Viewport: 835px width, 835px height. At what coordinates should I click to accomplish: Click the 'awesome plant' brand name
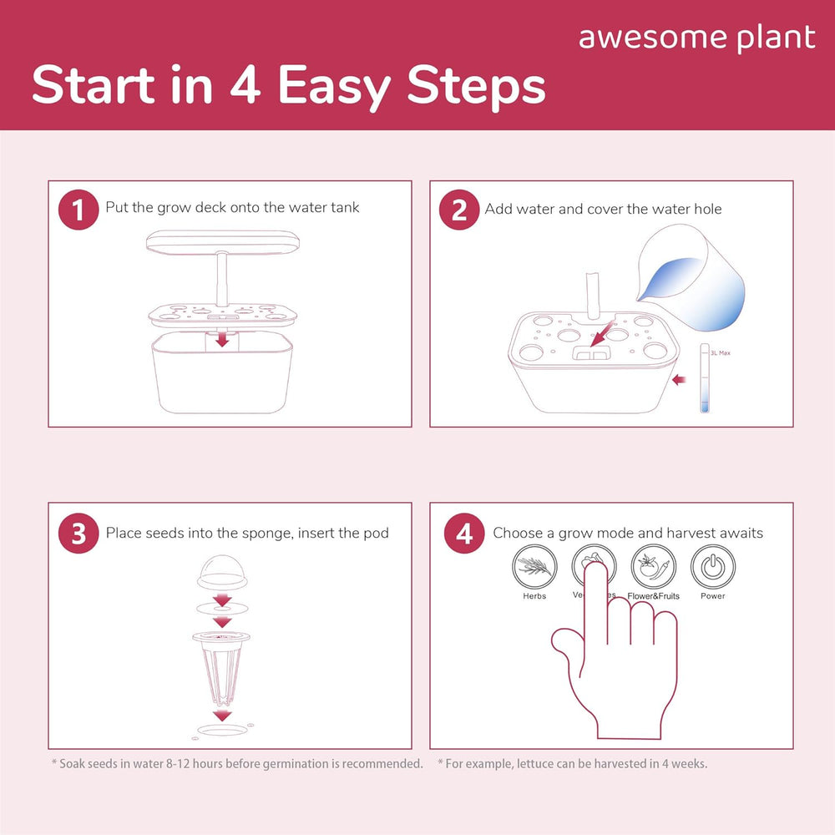[696, 38]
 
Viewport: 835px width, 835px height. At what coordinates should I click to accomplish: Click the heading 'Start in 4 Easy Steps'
[288, 87]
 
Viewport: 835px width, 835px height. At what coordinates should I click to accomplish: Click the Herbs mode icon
[534, 568]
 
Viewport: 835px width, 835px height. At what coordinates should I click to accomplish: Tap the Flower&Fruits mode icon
[653, 568]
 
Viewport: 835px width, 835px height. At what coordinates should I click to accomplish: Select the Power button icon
[712, 568]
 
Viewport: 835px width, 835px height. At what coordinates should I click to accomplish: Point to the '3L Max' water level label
[720, 353]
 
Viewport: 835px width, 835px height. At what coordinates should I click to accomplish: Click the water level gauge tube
[704, 380]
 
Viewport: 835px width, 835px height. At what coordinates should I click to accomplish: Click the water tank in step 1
[223, 376]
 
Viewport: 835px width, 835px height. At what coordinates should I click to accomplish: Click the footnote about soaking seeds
[237, 764]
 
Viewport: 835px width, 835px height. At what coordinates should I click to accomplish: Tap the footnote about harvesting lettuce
[572, 764]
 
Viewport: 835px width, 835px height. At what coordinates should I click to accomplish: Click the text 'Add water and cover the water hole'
[603, 209]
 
